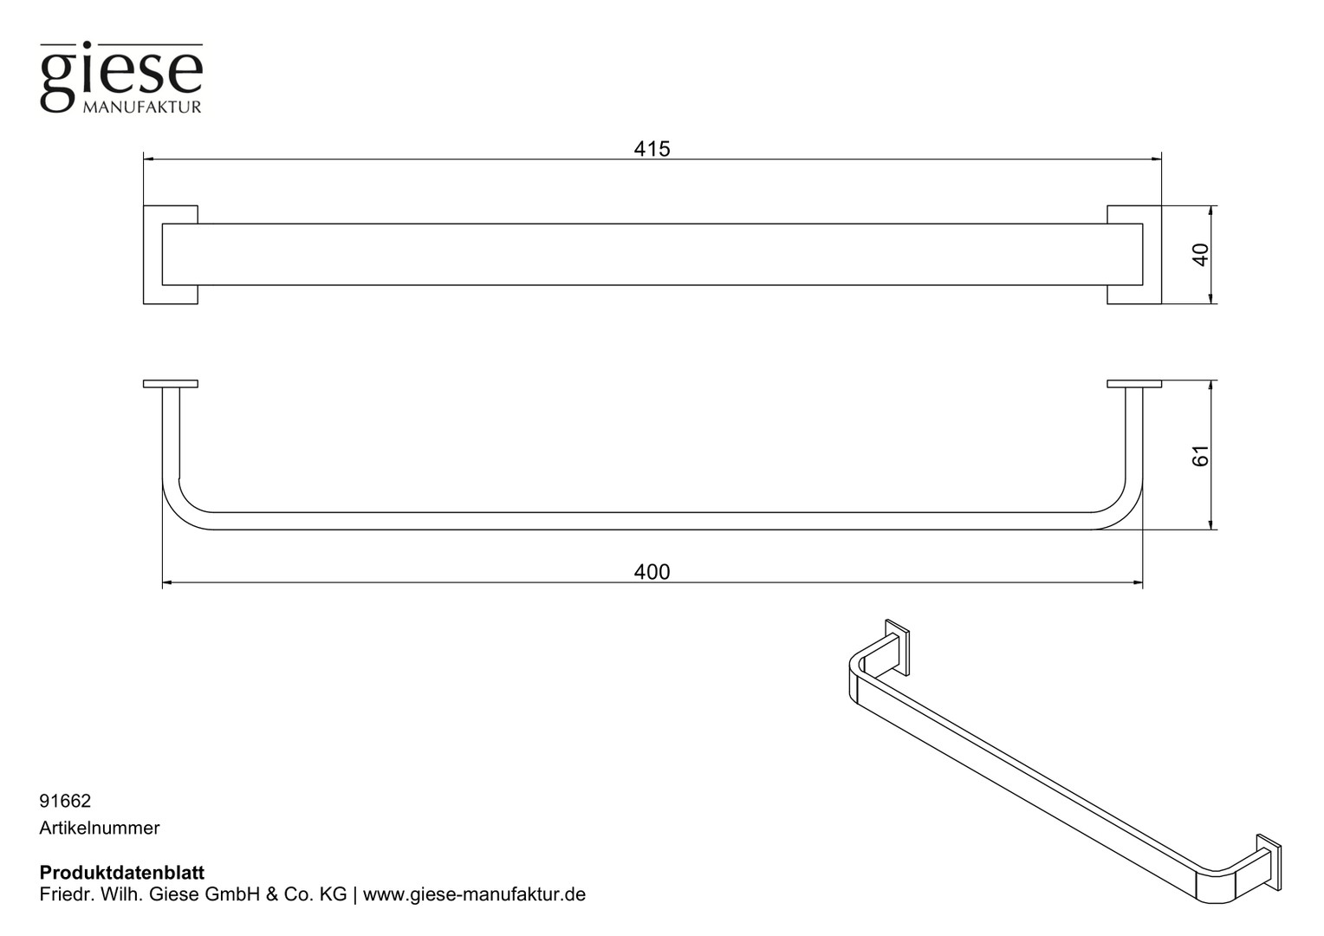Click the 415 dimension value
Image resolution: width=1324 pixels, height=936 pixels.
pyautogui.click(x=652, y=149)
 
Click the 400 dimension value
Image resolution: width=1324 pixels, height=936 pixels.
pyautogui.click(x=652, y=572)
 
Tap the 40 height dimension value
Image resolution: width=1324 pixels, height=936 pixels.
pyautogui.click(x=1200, y=255)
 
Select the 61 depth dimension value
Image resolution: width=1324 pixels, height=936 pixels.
pyautogui.click(x=1200, y=455)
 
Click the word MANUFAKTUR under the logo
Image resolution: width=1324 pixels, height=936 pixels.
pyautogui.click(x=142, y=107)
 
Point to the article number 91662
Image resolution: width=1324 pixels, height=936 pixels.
pyautogui.click(x=65, y=801)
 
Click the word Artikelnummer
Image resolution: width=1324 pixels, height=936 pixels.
pyautogui.click(x=100, y=828)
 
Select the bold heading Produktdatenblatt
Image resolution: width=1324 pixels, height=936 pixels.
pyautogui.click(x=122, y=873)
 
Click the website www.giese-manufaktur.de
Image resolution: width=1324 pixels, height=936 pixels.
pyautogui.click(x=474, y=894)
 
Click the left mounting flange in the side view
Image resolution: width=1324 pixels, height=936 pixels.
pyautogui.click(x=170, y=384)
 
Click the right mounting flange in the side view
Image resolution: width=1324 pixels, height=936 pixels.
pyautogui.click(x=1134, y=384)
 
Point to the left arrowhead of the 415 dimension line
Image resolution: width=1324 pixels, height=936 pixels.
pyautogui.click(x=149, y=159)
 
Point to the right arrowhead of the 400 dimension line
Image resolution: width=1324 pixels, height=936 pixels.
pyautogui.click(x=1137, y=582)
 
